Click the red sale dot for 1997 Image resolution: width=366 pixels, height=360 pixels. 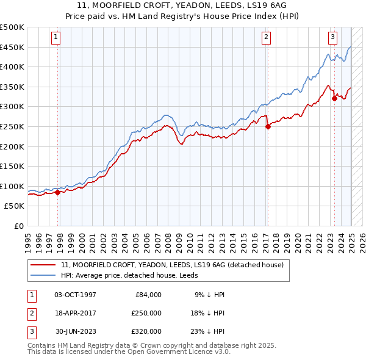[x=58, y=192]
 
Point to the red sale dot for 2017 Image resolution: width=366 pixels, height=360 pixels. [x=268, y=126]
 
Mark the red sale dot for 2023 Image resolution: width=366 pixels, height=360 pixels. [x=334, y=98]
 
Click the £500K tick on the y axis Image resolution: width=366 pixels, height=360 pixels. [x=13, y=27]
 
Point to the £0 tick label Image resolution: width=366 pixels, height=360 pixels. [x=20, y=226]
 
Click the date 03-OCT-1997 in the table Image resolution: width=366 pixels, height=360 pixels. [x=75, y=294]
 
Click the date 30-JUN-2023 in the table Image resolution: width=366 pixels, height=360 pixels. [x=75, y=331]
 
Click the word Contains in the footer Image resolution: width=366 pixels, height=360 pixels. [x=43, y=345]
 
